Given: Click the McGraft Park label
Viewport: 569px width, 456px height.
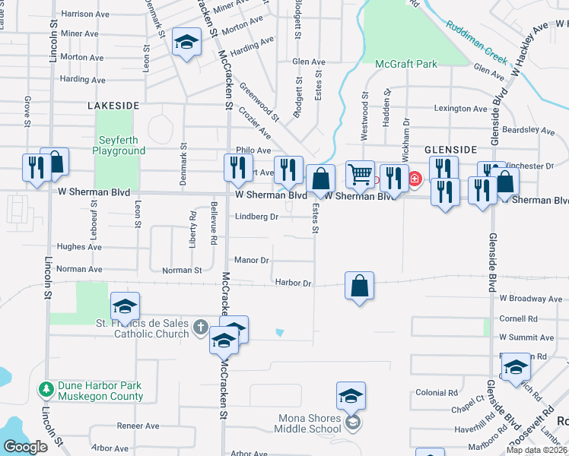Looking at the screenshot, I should point(406,65).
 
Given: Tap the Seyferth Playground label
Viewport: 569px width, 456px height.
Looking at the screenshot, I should point(119,145).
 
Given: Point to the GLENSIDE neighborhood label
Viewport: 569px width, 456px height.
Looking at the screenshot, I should point(450,150).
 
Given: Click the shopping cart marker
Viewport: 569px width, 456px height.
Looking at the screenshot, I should point(360,174).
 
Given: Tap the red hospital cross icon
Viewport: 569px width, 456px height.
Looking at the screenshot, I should point(415,179).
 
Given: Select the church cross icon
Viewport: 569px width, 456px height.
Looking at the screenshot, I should point(200,327).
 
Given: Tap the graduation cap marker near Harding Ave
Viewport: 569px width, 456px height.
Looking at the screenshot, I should point(186,43).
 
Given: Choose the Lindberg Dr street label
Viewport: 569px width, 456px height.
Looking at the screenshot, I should point(256,217).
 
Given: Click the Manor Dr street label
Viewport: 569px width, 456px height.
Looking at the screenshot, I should point(252,260).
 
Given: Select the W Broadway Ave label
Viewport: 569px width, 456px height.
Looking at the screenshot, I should point(529,299).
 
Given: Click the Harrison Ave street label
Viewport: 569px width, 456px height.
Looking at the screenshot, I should point(85,14).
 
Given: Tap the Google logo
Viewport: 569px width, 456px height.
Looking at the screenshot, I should point(24,447).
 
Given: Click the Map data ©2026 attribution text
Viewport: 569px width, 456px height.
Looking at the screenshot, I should point(536,450).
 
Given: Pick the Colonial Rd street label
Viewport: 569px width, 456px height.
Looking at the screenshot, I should point(436,393).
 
